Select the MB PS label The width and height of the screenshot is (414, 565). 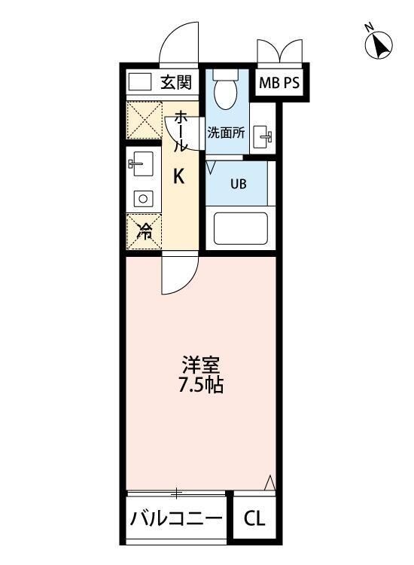[x=279, y=84]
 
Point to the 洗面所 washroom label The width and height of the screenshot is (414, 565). [x=226, y=132]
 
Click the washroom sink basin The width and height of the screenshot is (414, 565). [x=263, y=137]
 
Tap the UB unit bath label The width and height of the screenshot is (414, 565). [x=237, y=183]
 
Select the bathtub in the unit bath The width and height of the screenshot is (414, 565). [x=242, y=228]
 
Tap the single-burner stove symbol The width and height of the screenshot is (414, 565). [x=142, y=198]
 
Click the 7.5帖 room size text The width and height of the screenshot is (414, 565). [x=199, y=386]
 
